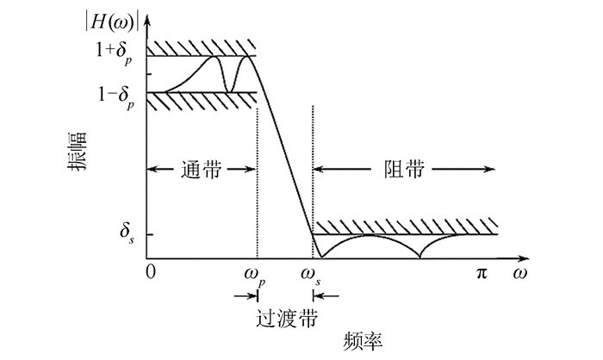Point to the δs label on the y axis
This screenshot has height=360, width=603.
coord(127,233)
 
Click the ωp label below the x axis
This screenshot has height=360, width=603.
coord(257,276)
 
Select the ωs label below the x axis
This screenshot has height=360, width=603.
coord(313,276)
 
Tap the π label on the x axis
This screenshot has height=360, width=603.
coord(482,273)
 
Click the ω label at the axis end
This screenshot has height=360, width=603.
coord(519,273)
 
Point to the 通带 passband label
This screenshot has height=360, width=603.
coord(202,170)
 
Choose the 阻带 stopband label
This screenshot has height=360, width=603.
coord(403,170)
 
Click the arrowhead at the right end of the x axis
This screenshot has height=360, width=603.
coord(522,257)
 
